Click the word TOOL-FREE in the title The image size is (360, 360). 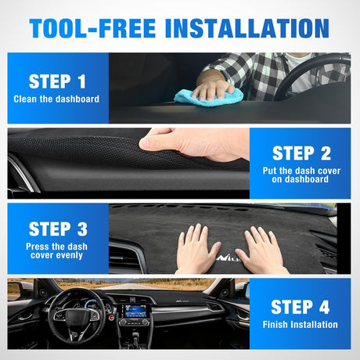click(x=92, y=28)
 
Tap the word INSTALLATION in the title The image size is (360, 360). click(x=247, y=28)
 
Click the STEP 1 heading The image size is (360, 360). click(x=57, y=81)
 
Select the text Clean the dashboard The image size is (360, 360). click(x=56, y=99)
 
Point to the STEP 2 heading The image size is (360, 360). click(x=301, y=153)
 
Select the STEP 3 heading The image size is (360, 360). click(x=58, y=229)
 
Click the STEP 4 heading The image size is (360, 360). click(x=301, y=307)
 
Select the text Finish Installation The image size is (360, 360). click(x=300, y=325)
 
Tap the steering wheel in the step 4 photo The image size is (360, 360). click(x=76, y=316)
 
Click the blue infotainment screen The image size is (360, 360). click(x=135, y=311)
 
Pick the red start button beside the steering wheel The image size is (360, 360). click(x=112, y=318)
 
